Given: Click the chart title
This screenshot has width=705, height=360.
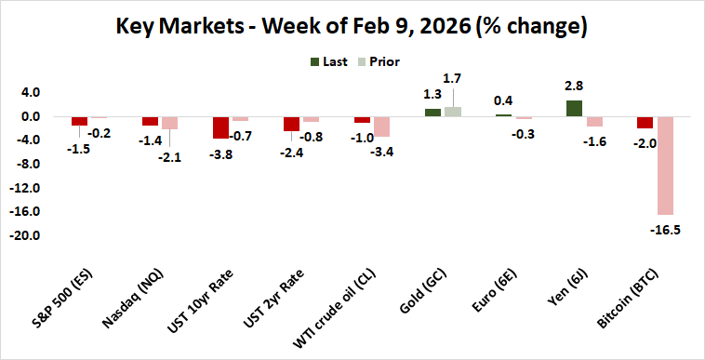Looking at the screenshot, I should [x=352, y=26].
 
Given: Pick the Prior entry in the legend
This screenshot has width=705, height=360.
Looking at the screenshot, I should [x=379, y=61].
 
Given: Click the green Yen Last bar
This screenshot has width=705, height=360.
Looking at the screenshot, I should [x=575, y=108].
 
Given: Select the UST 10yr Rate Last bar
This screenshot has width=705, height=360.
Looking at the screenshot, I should [x=220, y=127].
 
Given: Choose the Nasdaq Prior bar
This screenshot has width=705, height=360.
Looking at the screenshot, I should [x=169, y=123].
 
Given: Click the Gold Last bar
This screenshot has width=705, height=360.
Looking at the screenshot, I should [x=432, y=113].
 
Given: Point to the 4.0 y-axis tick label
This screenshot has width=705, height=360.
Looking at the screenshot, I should [x=30, y=93].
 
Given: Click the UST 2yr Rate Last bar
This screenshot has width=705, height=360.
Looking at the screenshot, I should [x=291, y=124].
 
